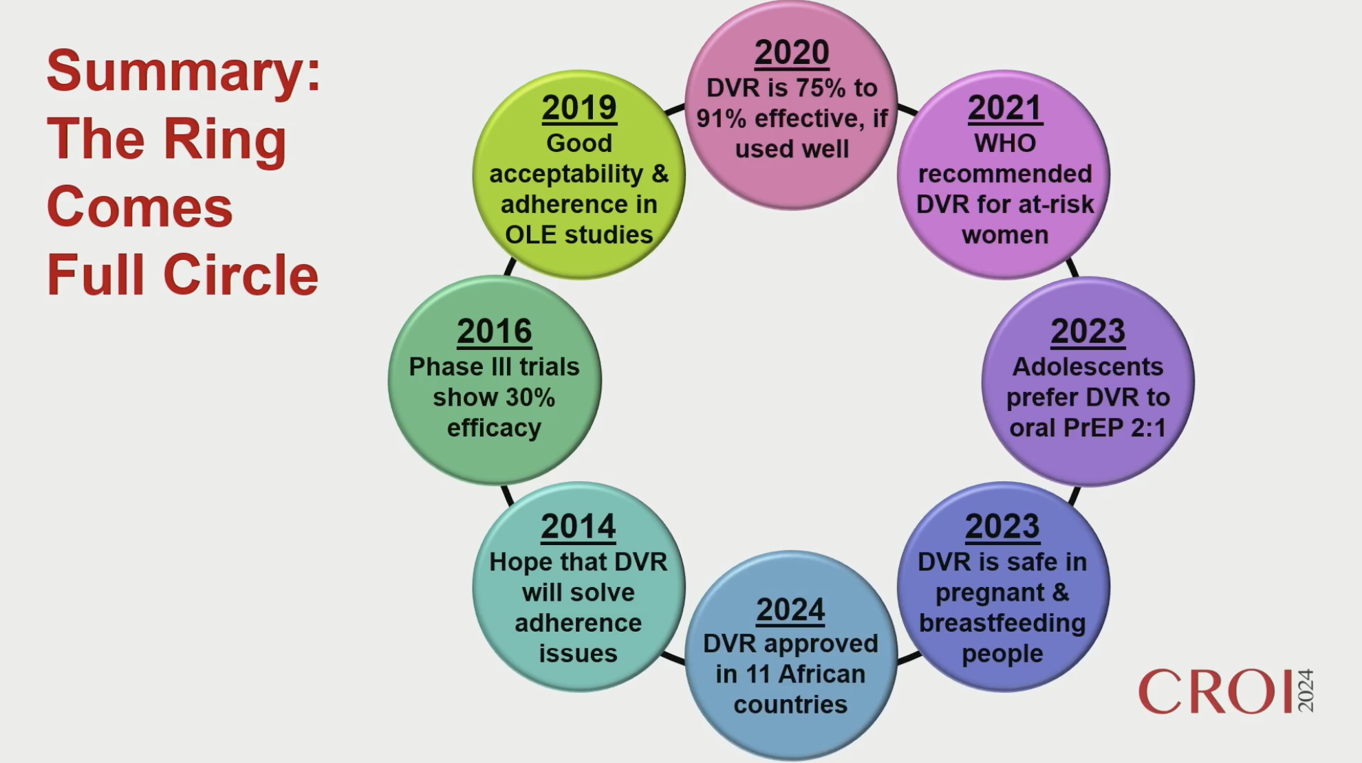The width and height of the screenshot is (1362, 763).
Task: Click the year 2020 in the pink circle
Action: click(792, 53)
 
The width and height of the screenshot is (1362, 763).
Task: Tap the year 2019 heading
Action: click(579, 108)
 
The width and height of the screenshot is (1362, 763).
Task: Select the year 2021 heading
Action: click(1005, 108)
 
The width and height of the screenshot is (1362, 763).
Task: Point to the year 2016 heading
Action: click(495, 331)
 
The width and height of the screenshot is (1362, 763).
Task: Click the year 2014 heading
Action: click(578, 527)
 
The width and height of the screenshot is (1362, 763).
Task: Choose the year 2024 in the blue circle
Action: click(790, 610)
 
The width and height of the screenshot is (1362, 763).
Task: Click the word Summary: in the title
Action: click(183, 70)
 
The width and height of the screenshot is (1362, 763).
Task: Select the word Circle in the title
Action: click(241, 275)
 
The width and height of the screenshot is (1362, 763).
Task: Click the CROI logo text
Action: click(1215, 692)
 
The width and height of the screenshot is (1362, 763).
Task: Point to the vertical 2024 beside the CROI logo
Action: click(1306, 691)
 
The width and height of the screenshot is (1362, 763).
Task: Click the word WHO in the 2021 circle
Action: click(1005, 144)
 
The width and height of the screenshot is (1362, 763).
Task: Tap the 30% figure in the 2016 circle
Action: click(528, 397)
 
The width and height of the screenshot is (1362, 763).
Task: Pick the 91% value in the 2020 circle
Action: click(722, 119)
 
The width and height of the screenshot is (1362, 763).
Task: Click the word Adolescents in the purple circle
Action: click(1088, 367)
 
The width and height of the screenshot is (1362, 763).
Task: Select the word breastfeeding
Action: click(1002, 623)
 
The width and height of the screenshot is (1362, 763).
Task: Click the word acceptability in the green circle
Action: click(566, 175)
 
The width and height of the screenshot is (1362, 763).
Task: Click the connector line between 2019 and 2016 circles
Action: click(510, 267)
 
